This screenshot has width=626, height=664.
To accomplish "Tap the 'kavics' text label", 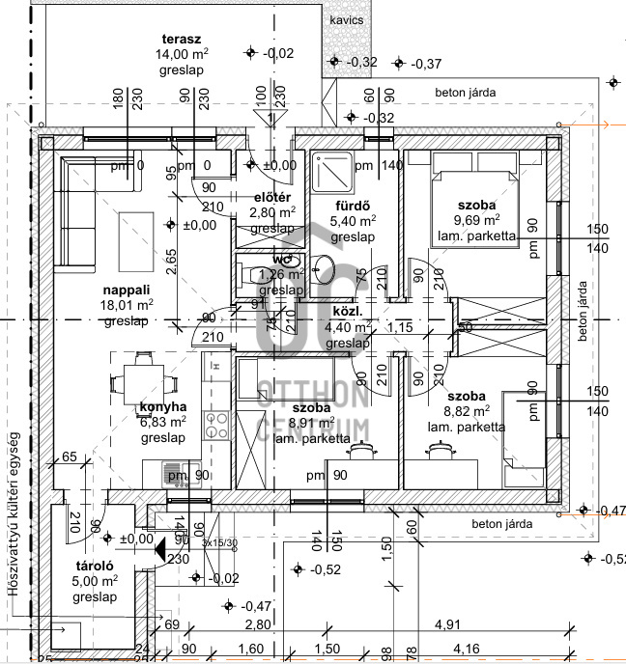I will (x=347, y=18).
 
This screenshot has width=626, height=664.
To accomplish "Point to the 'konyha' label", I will (x=156, y=407).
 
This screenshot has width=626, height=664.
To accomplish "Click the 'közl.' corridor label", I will (x=347, y=312).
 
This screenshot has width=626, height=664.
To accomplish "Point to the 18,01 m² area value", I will (x=128, y=305).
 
